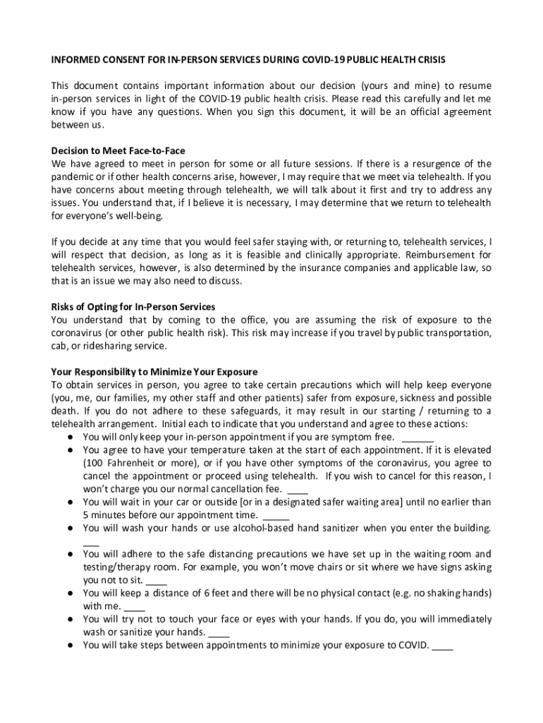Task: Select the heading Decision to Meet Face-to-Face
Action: tap(118, 150)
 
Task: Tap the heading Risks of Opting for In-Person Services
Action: tap(133, 306)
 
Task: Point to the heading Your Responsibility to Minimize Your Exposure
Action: tap(154, 371)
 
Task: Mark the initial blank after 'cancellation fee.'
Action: tap(298, 489)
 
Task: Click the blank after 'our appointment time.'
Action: tap(276, 515)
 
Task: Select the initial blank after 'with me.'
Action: tap(135, 606)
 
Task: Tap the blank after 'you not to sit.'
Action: tap(157, 580)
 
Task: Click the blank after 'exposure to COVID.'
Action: tap(442, 645)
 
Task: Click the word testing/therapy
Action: tap(115, 567)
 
